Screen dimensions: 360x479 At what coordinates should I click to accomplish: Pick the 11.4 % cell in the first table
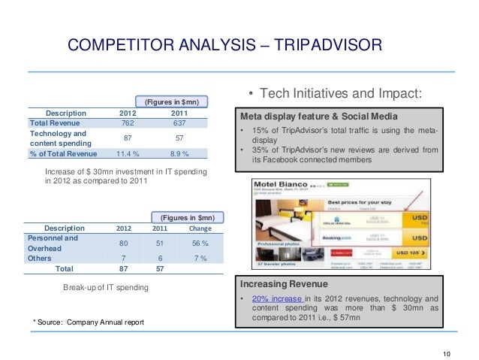pyautogui.click(x=128, y=153)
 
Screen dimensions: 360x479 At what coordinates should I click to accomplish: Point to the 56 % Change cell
pyautogui.click(x=200, y=243)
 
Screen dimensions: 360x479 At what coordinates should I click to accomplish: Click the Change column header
pyautogui.click(x=200, y=228)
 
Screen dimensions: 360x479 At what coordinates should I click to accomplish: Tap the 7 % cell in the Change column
pyautogui.click(x=200, y=258)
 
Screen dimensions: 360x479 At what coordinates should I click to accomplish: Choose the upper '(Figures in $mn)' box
pyautogui.click(x=172, y=101)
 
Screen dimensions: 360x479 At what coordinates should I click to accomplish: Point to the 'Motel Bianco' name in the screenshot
pyautogui.click(x=285, y=184)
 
